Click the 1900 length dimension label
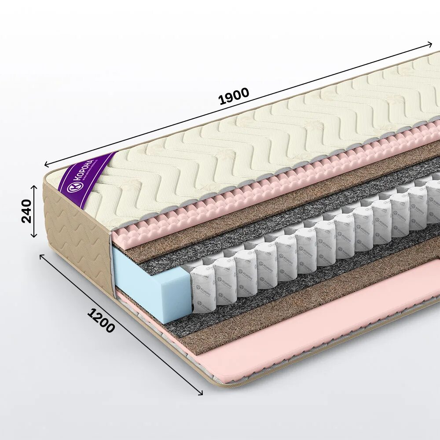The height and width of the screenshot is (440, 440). tap(234, 96)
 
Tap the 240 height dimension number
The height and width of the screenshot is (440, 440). tap(27, 211)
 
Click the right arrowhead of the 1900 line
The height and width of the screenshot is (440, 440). tap(430, 44)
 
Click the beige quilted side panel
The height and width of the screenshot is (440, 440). tap(77, 238)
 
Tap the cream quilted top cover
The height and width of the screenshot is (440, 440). tap(246, 145)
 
